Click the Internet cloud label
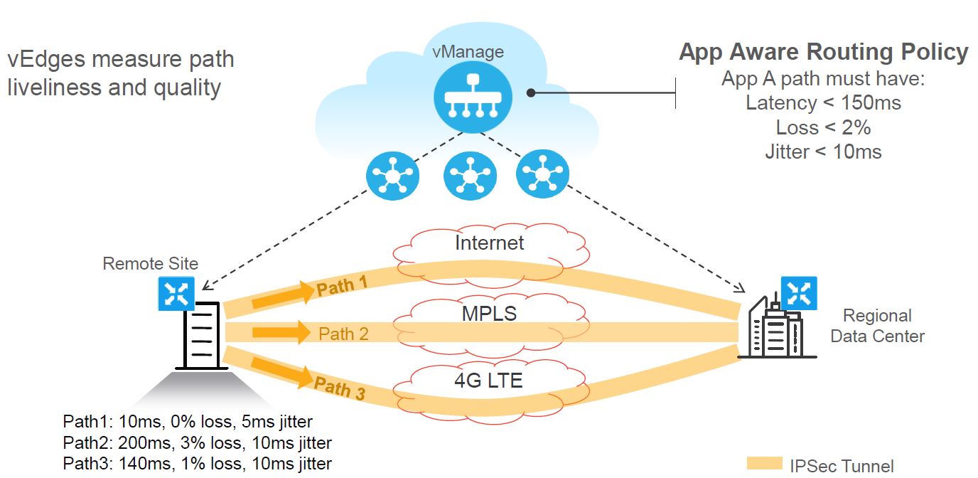click(x=489, y=243)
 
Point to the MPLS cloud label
click(x=489, y=312)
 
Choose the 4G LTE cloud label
click(x=488, y=381)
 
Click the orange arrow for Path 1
click(x=282, y=295)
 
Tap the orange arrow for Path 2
click(x=281, y=332)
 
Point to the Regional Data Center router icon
click(x=800, y=294)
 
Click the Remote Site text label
click(x=150, y=264)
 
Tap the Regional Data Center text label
click(x=877, y=326)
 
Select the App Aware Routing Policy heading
click(x=823, y=53)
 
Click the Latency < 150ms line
click(x=823, y=103)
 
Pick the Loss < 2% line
click(x=823, y=127)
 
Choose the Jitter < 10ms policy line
click(x=823, y=152)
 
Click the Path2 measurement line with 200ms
click(x=197, y=443)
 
